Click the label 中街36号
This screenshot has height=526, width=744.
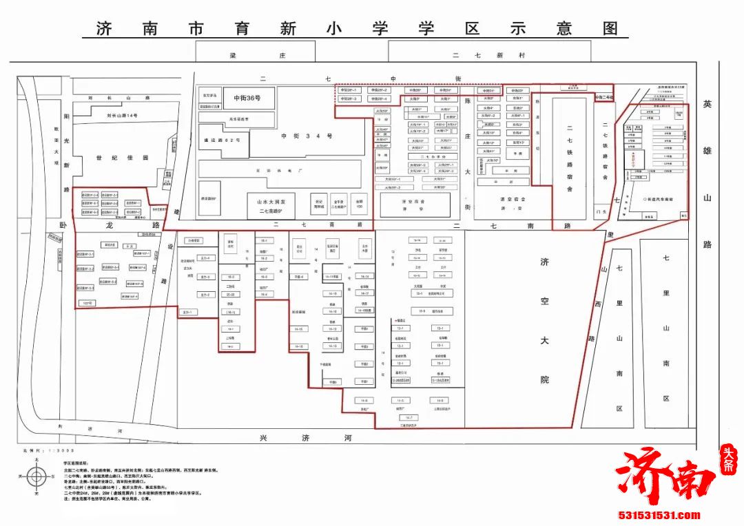click(x=247, y=98)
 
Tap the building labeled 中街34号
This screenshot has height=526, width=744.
click(x=307, y=136)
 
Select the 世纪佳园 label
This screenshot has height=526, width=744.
click(x=112, y=158)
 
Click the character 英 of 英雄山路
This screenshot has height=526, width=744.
click(x=707, y=104)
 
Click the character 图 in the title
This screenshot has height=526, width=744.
click(x=610, y=28)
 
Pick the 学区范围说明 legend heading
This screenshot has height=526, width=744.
click(x=77, y=463)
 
